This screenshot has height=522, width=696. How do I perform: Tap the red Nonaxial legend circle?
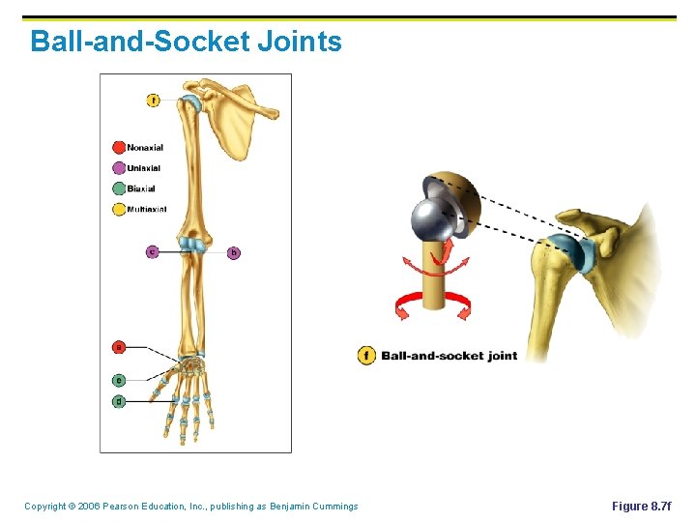click(x=119, y=148)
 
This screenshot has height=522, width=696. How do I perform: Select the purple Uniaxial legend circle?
click(x=119, y=168)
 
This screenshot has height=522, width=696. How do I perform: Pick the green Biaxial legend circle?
click(x=119, y=188)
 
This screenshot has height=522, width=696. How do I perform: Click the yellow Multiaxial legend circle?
click(x=119, y=209)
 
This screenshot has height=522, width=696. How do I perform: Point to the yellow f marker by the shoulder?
click(x=154, y=100)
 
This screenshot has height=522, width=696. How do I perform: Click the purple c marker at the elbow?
click(x=153, y=252)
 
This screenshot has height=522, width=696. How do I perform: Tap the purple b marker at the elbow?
click(x=234, y=252)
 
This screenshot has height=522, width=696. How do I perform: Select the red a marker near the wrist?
click(x=119, y=346)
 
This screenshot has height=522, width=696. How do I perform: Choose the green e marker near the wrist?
click(x=119, y=380)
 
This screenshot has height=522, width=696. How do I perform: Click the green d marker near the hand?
click(x=119, y=400)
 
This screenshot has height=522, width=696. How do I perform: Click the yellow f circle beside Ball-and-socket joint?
click(x=366, y=355)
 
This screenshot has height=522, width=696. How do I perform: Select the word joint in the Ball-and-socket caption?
click(x=502, y=356)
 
